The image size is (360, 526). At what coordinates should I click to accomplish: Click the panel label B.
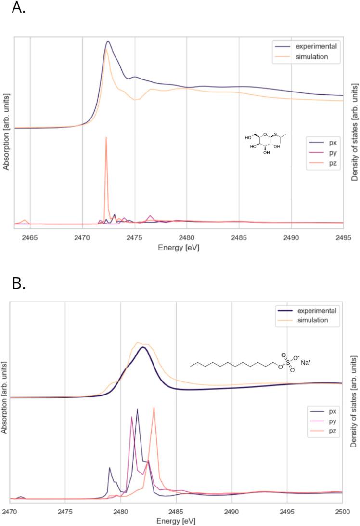pos(19,283)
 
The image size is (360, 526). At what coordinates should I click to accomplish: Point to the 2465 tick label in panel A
pos(30,237)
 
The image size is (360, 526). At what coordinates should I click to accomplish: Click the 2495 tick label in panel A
pos(343,237)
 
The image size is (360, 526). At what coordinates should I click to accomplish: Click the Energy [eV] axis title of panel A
pos(179,247)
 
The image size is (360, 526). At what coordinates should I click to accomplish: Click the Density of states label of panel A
pos(354,131)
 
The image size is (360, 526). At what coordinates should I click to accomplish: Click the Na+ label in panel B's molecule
pos(306,362)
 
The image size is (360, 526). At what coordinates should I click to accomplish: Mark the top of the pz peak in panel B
pos(154,408)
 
